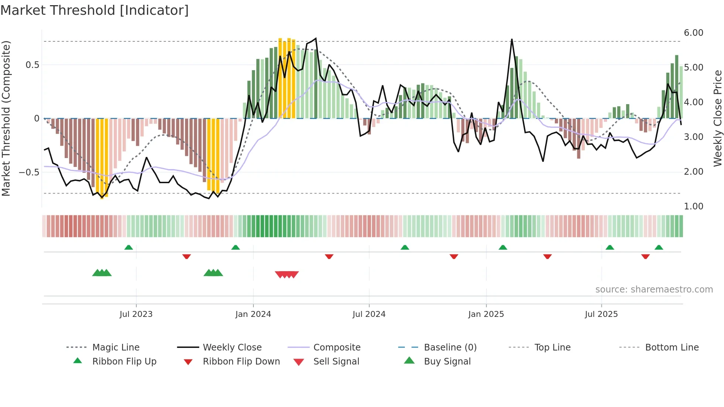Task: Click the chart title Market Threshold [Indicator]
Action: [x=95, y=10]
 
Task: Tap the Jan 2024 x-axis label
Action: [x=253, y=314]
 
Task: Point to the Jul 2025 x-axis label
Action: [x=601, y=314]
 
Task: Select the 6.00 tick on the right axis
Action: [x=693, y=33]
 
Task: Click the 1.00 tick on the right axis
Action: [x=693, y=206]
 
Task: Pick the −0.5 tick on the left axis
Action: [x=29, y=172]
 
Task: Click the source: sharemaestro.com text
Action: [x=654, y=290]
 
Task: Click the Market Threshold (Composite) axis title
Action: [x=6, y=118]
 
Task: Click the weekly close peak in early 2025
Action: [x=512, y=40]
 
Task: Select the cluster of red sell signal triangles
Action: [x=287, y=274]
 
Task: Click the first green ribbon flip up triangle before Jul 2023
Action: [x=129, y=247]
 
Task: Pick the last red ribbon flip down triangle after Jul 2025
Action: [x=645, y=257]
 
